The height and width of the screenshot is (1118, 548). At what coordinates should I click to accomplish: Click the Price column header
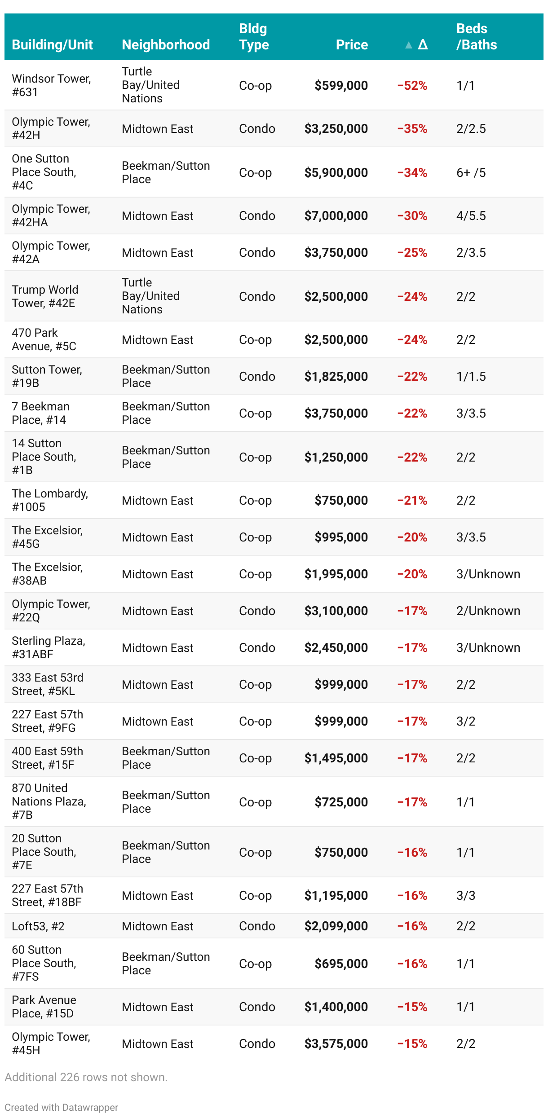tap(352, 44)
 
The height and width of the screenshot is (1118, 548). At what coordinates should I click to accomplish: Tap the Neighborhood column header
tap(166, 44)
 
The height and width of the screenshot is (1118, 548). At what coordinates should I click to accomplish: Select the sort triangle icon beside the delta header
tap(408, 45)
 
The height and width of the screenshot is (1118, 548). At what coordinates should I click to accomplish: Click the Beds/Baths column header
tap(477, 37)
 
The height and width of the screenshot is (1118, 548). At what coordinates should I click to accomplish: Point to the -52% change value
tap(412, 85)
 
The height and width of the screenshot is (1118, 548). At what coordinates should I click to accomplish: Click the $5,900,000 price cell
tap(336, 173)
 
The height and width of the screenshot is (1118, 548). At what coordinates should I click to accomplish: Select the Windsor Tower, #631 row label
tap(51, 85)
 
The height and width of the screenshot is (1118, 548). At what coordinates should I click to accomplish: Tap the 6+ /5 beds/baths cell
tap(471, 173)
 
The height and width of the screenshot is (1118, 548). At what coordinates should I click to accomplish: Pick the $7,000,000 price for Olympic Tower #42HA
tap(336, 216)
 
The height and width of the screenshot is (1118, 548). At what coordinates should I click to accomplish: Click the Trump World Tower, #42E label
tap(45, 296)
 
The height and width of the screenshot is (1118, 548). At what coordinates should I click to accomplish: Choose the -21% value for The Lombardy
tap(412, 501)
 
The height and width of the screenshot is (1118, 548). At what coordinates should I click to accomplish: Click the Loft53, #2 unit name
tap(38, 926)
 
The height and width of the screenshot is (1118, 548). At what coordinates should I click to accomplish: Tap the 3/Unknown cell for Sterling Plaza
tap(488, 648)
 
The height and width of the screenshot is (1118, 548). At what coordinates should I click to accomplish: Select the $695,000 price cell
tap(341, 964)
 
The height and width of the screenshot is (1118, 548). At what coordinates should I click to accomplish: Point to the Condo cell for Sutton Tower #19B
tap(257, 377)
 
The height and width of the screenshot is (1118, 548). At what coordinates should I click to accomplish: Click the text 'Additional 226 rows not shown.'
tap(86, 1077)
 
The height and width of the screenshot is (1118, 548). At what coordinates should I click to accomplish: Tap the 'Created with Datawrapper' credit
tap(62, 1107)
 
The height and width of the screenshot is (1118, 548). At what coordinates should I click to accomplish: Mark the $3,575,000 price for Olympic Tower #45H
tap(336, 1044)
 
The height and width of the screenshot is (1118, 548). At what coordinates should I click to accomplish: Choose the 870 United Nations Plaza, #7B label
tap(49, 801)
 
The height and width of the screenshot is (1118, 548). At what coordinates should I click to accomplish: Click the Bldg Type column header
tap(254, 37)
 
